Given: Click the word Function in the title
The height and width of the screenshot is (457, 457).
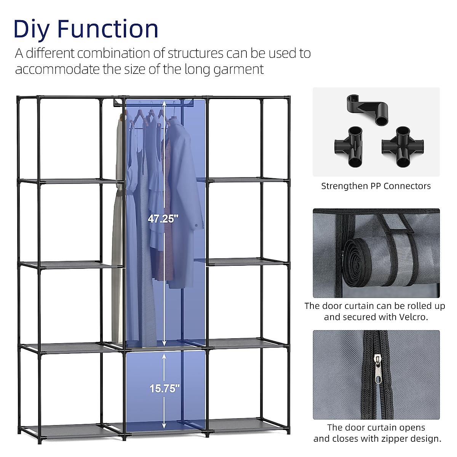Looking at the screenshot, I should click(108, 29).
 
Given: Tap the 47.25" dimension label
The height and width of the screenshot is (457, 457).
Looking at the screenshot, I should click(163, 219).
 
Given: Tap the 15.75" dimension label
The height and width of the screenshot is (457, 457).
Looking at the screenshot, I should click(164, 388).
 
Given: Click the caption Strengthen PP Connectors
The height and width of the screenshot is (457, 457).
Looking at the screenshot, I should click(376, 186).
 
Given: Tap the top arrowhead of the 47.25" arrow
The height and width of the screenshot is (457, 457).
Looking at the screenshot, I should click(164, 103).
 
